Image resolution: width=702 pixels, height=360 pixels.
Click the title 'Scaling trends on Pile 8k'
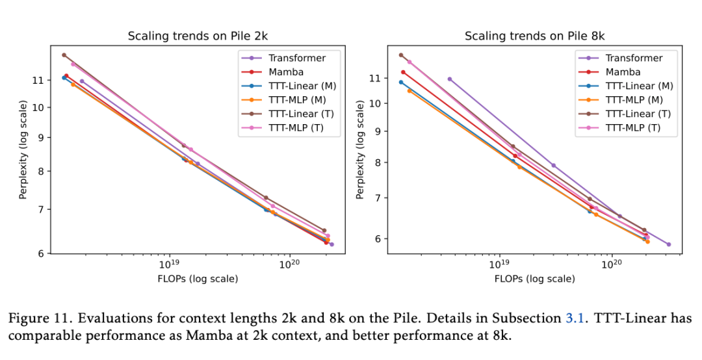[x=534, y=36]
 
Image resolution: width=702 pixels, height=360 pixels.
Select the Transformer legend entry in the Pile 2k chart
[x=297, y=58]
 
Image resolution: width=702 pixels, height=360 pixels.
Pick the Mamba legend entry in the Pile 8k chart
[x=623, y=72]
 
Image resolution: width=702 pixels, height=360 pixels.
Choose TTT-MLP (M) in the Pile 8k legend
[x=634, y=100]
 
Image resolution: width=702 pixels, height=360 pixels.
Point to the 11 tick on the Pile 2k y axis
[x=37, y=80]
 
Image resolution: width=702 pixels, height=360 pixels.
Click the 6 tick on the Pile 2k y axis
[x=40, y=253]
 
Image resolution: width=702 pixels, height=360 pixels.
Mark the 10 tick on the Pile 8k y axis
[x=374, y=103]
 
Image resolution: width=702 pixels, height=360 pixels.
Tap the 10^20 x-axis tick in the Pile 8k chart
[x=610, y=265]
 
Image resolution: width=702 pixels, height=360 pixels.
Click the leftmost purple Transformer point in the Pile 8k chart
[x=450, y=79]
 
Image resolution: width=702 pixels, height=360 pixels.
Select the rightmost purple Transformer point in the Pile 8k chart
[x=668, y=244]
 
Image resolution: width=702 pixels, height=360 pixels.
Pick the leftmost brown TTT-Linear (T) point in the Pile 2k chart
[x=64, y=55]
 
